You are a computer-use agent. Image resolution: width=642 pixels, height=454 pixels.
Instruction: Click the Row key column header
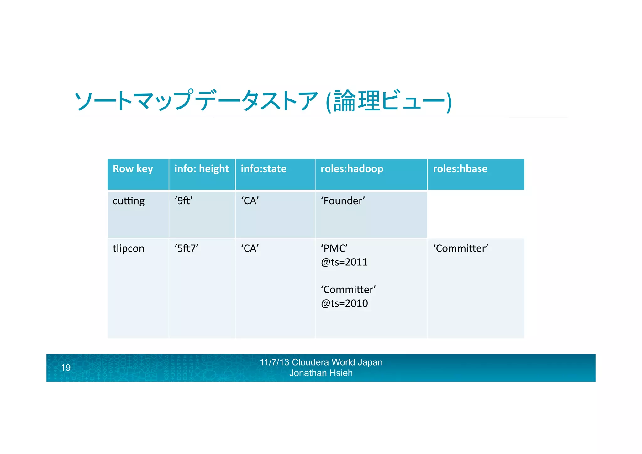133,169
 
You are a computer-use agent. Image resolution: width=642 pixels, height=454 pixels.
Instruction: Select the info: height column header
202,169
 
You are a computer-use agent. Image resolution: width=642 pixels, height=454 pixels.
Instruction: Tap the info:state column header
263,169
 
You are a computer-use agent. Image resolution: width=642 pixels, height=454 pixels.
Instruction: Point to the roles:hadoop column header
352,169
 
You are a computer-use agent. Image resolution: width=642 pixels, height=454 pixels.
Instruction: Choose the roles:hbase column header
460,169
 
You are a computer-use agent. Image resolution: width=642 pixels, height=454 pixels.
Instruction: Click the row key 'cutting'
129,201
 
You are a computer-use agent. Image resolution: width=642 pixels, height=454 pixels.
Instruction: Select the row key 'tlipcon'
129,248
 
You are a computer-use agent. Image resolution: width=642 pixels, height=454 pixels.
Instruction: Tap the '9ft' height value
184,201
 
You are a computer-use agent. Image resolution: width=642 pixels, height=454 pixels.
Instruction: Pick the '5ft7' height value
187,248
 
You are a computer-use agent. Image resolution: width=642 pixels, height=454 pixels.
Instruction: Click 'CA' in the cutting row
250,201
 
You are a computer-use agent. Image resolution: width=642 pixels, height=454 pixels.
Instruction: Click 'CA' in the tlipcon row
250,248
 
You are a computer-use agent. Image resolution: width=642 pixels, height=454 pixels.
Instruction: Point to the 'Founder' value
343,201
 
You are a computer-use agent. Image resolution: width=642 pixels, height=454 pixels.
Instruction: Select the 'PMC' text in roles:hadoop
334,248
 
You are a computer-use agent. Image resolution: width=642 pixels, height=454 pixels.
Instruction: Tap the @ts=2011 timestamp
344,262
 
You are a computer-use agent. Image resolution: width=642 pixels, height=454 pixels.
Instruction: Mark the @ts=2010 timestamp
344,303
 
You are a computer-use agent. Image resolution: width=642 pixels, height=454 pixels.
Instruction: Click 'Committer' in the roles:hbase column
460,248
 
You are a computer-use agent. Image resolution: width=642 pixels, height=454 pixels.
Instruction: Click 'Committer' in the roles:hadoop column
348,290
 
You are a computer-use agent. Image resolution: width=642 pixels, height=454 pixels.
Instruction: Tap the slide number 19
66,368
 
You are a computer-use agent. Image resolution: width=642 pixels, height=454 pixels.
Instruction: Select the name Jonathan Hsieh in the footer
321,373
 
